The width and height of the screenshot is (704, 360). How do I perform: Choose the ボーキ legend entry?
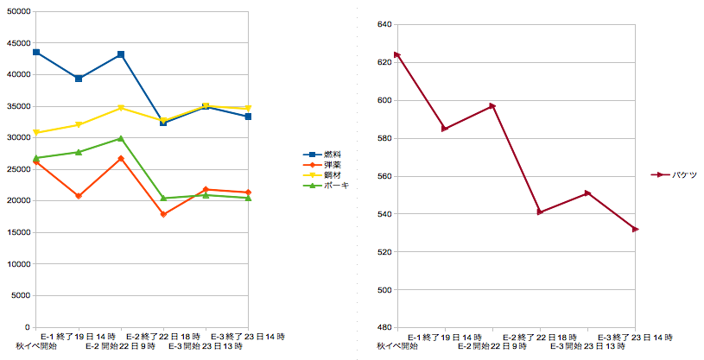pyautogui.click(x=326, y=186)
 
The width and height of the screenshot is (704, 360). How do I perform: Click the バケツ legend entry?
pyautogui.click(x=674, y=175)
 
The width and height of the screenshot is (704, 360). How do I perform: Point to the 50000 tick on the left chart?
pyautogui.click(x=19, y=11)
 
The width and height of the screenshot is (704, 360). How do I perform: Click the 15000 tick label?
pyautogui.click(x=19, y=232)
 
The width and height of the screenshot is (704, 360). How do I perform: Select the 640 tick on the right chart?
pyautogui.click(x=384, y=24)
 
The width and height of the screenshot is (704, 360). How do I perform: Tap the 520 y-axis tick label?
pyautogui.click(x=384, y=252)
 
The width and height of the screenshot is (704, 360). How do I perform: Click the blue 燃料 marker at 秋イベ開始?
pyautogui.click(x=36, y=52)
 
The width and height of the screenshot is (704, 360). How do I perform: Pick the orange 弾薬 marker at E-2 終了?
pyautogui.click(x=163, y=214)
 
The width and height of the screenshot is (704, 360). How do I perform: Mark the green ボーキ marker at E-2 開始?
pyautogui.click(x=121, y=138)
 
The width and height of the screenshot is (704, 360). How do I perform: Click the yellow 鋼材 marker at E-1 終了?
pyautogui.click(x=79, y=125)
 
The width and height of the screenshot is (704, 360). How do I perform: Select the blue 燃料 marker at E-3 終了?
pyautogui.click(x=248, y=117)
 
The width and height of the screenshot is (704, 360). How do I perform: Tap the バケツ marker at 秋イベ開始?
pyautogui.click(x=397, y=54)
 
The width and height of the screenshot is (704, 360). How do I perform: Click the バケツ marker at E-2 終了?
pyautogui.click(x=540, y=212)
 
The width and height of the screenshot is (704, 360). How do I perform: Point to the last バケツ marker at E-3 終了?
pyautogui.click(x=635, y=230)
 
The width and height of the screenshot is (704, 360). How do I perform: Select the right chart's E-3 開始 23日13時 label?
pyautogui.click(x=587, y=346)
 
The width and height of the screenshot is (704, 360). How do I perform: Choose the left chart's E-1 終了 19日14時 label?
pyautogui.click(x=78, y=336)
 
